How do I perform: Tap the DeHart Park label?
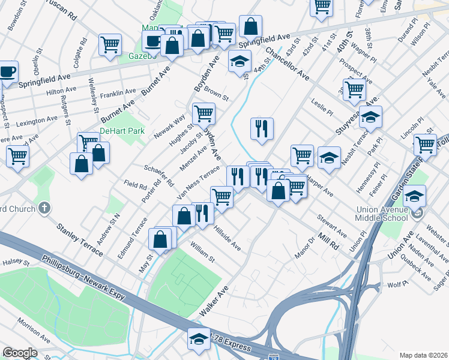click(118, 130)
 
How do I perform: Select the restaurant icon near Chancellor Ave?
click(262, 129)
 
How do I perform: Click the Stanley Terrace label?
click(80, 238)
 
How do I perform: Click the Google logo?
click(20, 353)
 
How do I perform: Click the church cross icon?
click(44, 208)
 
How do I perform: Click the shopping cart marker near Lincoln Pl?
click(425, 144)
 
